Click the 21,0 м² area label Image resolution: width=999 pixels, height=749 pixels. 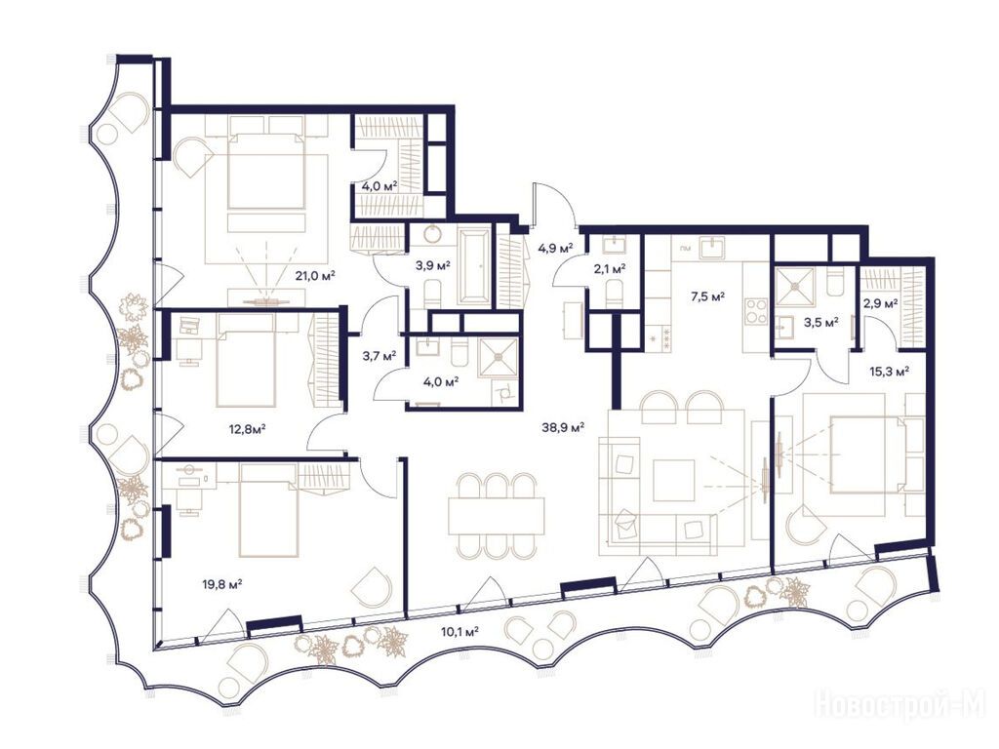point(315,276)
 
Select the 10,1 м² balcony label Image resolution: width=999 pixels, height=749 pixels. point(459,632)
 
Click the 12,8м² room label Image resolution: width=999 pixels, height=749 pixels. point(247,429)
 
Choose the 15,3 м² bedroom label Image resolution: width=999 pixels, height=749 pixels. point(889,370)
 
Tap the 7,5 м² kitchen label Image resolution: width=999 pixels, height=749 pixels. point(708,296)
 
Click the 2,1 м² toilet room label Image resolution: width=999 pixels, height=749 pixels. point(609,269)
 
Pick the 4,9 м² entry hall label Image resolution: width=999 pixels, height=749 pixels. point(555,247)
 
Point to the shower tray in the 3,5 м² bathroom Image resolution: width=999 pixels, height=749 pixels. point(794,287)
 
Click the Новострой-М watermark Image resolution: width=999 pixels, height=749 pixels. point(904,709)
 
